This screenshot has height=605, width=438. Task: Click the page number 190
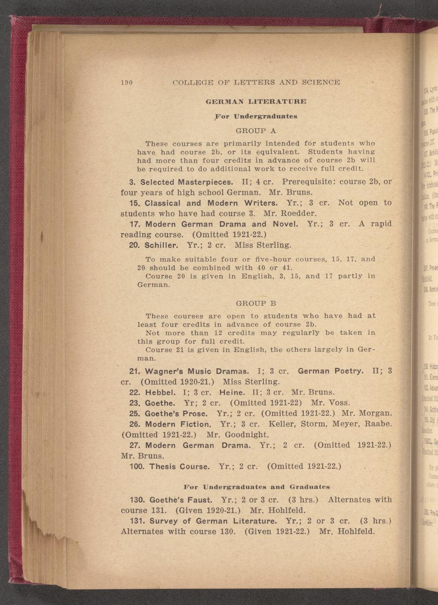[x=127, y=82]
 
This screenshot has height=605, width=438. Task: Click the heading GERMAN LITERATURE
[x=256, y=101]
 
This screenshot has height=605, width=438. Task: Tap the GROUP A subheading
[x=256, y=130]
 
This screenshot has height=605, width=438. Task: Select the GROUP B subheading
[x=256, y=303]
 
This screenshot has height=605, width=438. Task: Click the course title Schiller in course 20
[x=162, y=244]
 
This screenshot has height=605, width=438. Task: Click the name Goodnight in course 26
[x=248, y=434]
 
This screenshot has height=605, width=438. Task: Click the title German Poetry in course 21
[x=331, y=371]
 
